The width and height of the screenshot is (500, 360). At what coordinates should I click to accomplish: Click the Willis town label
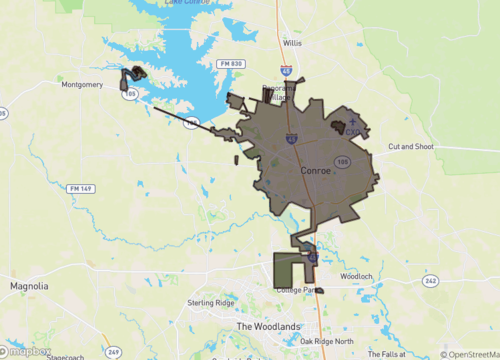coord(292,44)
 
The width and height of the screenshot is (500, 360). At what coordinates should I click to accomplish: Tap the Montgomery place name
coord(82,85)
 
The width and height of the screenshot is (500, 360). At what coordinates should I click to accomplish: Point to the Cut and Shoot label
coord(410,147)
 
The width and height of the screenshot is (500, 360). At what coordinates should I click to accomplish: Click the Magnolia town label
coord(29,286)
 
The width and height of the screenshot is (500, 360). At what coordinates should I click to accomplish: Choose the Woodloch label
coord(356,276)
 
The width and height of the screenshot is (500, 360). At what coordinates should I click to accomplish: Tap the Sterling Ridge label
coord(210,302)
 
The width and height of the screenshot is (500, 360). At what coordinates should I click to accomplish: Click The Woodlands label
coord(268,327)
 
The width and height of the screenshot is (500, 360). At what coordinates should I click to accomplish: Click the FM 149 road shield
coord(80,187)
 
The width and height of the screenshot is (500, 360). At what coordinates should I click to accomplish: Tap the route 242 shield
coord(430,281)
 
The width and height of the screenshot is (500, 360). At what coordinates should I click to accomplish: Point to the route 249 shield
coord(114,352)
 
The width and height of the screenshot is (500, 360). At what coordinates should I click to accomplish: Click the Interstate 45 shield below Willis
coord(286,72)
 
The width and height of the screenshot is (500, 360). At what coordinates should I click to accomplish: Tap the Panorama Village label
coord(279,93)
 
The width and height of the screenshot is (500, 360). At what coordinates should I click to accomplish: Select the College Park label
coord(297,290)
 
